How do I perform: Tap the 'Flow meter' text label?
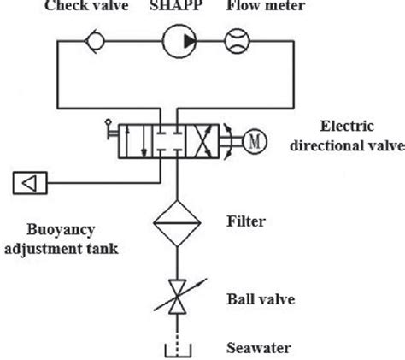pos(261,6)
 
